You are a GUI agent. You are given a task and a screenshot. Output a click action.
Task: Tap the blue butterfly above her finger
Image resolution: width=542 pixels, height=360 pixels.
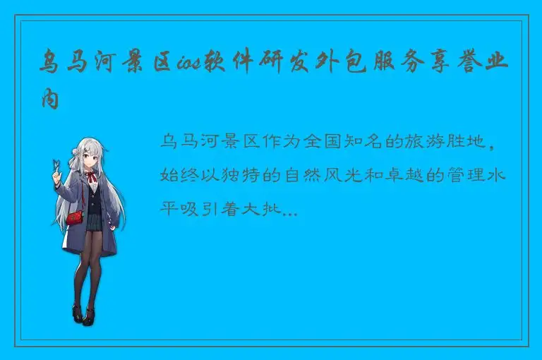point(53,165)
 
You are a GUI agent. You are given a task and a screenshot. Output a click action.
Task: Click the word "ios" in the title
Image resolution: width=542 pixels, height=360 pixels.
point(190,66)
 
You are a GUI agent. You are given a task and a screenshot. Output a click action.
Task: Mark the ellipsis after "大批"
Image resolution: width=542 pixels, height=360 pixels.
point(291,210)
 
